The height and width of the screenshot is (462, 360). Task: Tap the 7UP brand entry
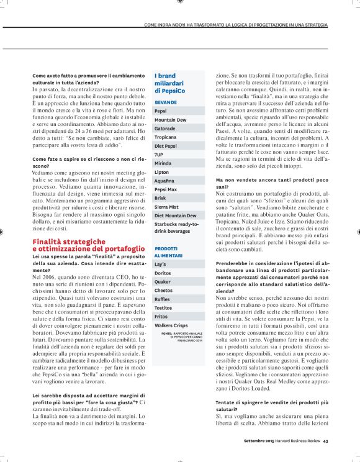point(160,153)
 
